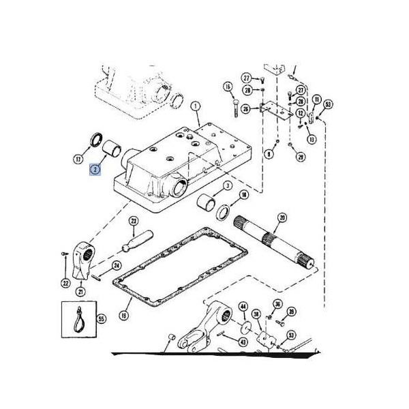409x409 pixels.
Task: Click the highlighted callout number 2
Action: click(96, 168)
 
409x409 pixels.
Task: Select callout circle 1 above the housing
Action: click(195, 106)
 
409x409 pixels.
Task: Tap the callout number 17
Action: click(78, 160)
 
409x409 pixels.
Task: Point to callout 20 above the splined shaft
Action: click(282, 219)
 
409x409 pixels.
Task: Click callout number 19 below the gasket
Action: click(123, 316)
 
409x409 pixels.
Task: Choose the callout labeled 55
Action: click(102, 318)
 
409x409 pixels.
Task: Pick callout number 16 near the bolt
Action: click(228, 87)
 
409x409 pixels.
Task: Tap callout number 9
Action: click(269, 155)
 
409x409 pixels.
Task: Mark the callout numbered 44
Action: click(243, 308)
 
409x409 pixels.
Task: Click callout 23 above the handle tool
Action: click(133, 221)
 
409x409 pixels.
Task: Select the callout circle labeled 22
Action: click(65, 283)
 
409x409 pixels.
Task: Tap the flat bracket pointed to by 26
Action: click(276, 109)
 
